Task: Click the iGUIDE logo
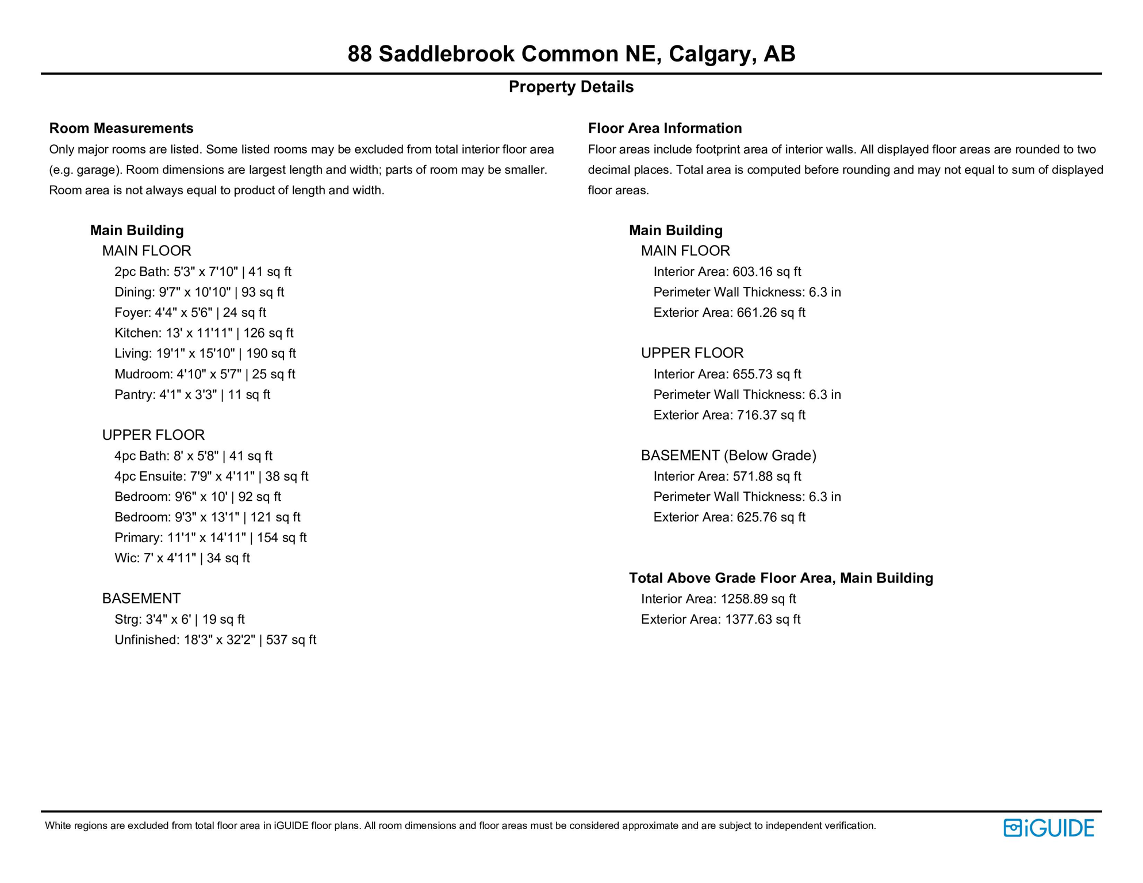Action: coord(1049,828)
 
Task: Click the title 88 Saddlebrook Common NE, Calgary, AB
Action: coord(571,54)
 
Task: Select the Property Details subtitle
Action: coord(571,87)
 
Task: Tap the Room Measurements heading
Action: coord(121,128)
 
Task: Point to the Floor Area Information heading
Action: coord(665,128)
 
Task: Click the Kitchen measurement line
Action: coord(204,333)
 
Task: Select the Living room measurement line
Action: coord(205,354)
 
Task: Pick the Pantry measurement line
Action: coord(192,394)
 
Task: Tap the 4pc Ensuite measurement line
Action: coord(211,476)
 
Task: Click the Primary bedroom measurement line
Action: coord(210,538)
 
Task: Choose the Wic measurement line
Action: coord(182,558)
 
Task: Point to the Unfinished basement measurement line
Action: coord(215,640)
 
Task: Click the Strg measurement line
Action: coord(179,619)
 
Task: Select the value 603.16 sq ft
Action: coord(766,271)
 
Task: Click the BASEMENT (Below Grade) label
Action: coord(728,455)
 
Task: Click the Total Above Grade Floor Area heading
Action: coord(781,578)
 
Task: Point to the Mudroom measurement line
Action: coord(205,374)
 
